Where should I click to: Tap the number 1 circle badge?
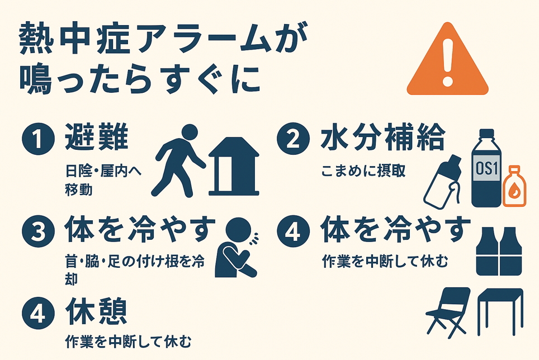coord(39,139)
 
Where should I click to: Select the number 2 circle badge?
coord(293,139)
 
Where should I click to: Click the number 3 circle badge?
coord(39,231)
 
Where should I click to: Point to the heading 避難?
coord(97,138)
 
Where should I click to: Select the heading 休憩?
coord(97,311)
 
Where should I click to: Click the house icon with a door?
coord(234,167)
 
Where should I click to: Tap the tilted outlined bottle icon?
coord(442,182)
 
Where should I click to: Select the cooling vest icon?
coord(499,251)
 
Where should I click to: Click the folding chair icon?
coord(447,312)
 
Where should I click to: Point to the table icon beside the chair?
coord(500,311)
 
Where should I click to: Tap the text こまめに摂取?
coord(363,170)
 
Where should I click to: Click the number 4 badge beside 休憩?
coord(39,313)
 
